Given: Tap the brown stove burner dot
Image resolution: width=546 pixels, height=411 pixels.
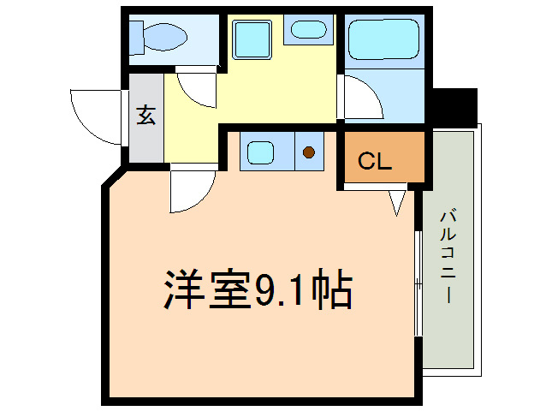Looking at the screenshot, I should (x=308, y=154).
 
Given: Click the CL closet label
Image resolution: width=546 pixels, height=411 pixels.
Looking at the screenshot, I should (x=374, y=161).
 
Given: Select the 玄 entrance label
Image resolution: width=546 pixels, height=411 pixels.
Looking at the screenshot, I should (x=146, y=116).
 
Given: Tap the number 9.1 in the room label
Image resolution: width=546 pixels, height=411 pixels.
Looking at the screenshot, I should (x=281, y=290).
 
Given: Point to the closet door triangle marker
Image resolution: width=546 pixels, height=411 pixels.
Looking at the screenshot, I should (x=397, y=203).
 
